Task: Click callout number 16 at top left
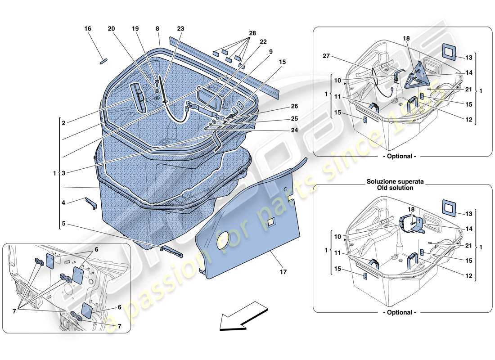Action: pyautogui.click(x=88, y=29)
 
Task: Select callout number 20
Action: pyautogui.click(x=111, y=29)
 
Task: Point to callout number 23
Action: pyautogui.click(x=180, y=29)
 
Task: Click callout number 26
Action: pyautogui.click(x=282, y=107)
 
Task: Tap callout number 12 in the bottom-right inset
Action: pyautogui.click(x=469, y=276)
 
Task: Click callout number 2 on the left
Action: pyautogui.click(x=64, y=122)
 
